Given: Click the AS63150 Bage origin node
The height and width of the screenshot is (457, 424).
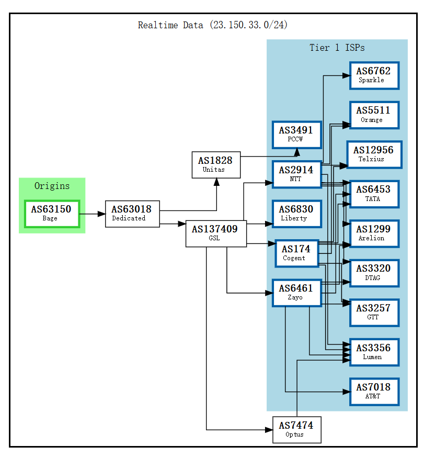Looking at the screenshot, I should click(x=52, y=214).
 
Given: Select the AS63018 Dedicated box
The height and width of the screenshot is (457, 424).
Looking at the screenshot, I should click(x=132, y=214).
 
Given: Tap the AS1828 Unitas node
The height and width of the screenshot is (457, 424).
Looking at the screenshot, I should click(x=216, y=165).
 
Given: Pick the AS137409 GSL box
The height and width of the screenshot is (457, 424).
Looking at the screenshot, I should click(x=216, y=233).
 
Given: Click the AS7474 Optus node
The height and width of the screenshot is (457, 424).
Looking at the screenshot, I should click(x=296, y=430).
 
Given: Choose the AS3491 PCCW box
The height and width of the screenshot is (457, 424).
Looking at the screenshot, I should click(x=296, y=135).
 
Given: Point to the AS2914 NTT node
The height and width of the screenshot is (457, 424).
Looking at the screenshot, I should click(x=296, y=174).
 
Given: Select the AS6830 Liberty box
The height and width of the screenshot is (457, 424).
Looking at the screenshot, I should click(x=296, y=214).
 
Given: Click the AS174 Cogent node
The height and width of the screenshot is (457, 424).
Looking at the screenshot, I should click(x=296, y=253).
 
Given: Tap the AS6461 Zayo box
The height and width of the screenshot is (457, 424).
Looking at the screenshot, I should click(x=296, y=293).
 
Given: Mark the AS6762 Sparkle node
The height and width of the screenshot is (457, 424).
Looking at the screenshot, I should click(x=374, y=75).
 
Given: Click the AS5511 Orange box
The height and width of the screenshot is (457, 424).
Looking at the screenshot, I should click(x=374, y=115).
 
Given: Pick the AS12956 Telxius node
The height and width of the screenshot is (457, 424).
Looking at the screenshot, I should click(x=374, y=154).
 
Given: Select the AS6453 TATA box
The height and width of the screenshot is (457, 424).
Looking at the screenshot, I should click(x=374, y=194).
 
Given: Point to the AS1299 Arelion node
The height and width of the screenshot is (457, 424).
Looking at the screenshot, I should click(x=374, y=233).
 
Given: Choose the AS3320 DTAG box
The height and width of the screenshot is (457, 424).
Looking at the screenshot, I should click(x=374, y=273).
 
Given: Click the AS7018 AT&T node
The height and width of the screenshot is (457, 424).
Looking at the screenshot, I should click(x=374, y=391).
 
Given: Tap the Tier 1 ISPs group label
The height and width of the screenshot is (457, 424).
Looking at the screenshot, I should click(x=337, y=48).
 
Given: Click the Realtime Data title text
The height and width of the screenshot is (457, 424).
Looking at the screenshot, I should click(x=212, y=25).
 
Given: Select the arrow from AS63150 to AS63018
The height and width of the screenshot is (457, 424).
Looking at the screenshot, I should click(x=92, y=214).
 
